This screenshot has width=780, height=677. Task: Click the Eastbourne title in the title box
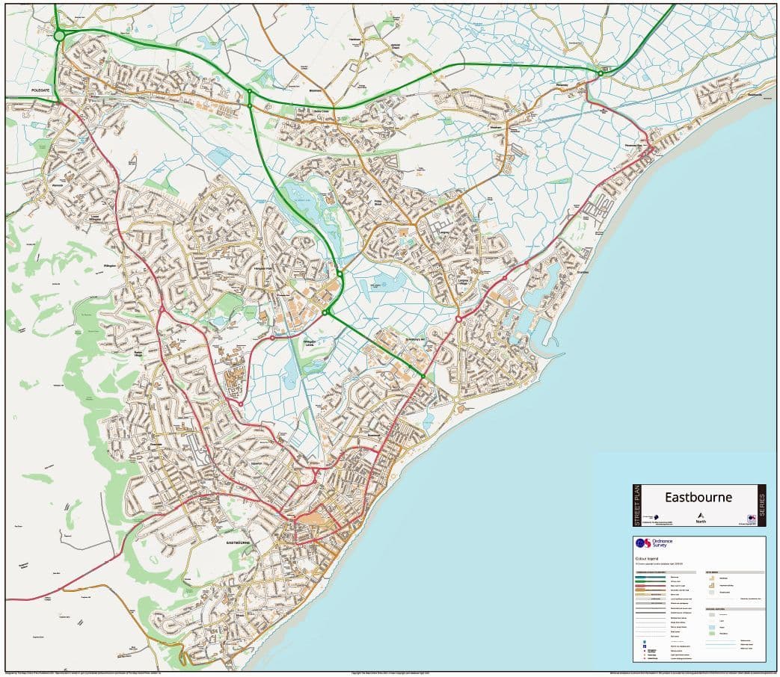[x=699, y=497]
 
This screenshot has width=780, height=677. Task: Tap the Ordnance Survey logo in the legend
[x=651, y=543]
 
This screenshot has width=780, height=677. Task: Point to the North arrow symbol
[x=701, y=516]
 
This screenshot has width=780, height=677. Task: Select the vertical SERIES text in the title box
[x=761, y=505]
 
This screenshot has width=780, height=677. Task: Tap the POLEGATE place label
[x=34, y=90]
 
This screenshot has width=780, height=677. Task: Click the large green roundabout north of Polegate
[x=59, y=35]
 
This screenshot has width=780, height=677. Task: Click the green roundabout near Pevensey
[x=600, y=72]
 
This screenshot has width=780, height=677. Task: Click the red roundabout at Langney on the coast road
[x=458, y=318]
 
